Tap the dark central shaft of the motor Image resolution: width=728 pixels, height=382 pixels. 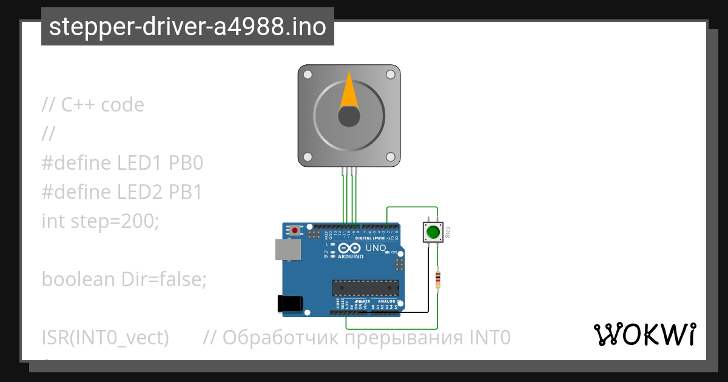349,116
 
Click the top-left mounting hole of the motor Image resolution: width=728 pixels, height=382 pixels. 308,75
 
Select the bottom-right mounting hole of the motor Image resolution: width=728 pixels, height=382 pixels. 390,156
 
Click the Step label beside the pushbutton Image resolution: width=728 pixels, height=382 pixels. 448,232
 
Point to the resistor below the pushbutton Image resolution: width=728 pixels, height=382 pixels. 438,280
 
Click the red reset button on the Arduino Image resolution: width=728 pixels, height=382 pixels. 295,230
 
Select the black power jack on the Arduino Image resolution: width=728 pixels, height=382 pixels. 289,304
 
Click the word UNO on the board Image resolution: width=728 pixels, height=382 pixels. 376,248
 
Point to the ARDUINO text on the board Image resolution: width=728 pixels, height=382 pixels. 350,256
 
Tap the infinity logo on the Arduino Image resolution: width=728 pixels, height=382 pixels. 350,248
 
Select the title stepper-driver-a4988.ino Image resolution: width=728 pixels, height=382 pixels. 187,27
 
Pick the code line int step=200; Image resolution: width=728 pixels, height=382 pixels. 100,221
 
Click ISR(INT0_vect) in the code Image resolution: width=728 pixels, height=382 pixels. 105,337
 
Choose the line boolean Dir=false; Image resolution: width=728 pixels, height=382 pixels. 124,280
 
